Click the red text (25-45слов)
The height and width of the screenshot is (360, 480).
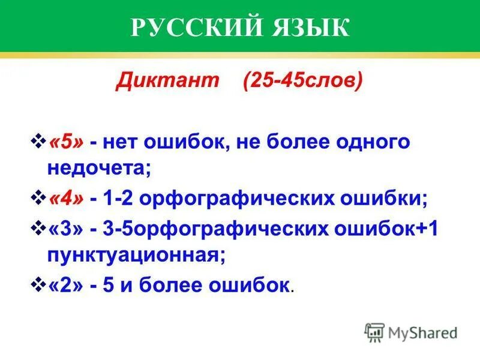tap(303, 80)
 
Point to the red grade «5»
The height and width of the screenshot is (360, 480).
tap(67, 143)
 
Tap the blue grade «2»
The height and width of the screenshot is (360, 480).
tap(67, 285)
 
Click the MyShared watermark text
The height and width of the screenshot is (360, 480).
tap(423, 332)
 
